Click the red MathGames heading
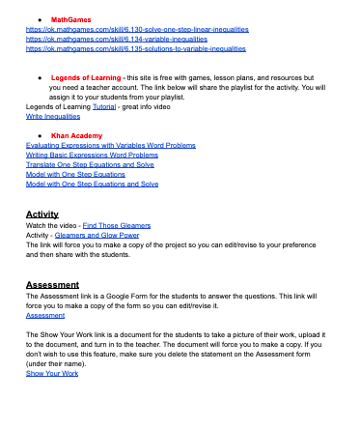tap(67, 19)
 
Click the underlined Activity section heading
tap(42, 214)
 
